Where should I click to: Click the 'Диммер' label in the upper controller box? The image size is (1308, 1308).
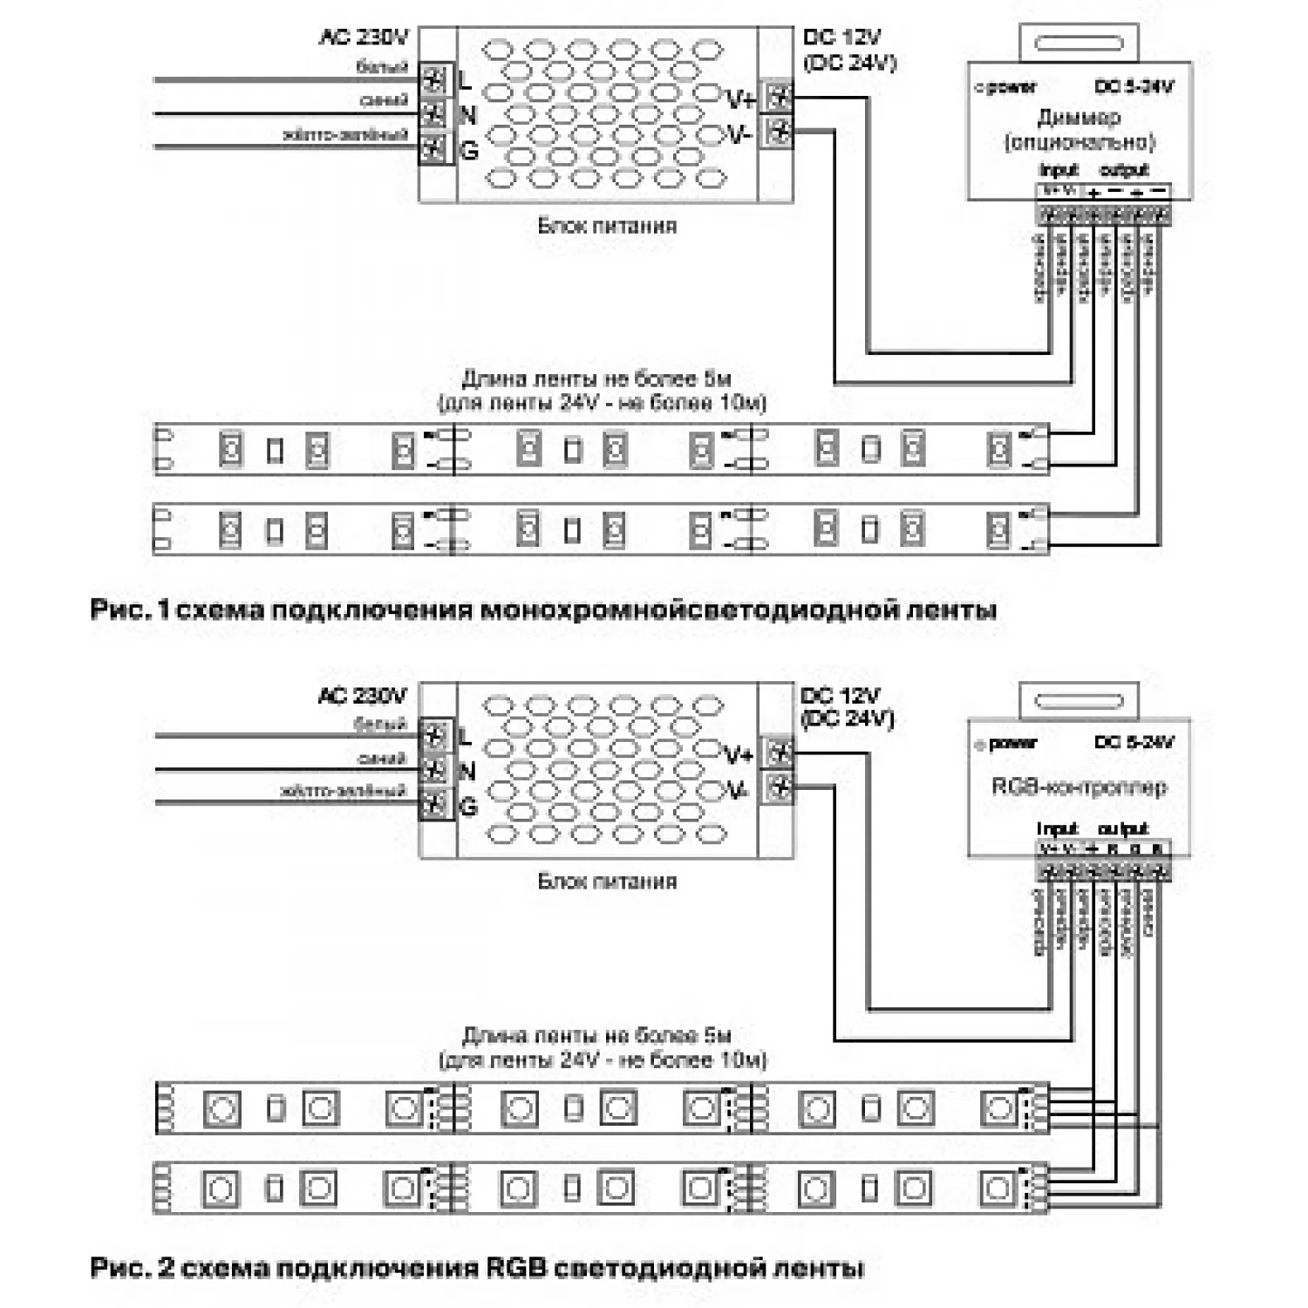(x=1079, y=117)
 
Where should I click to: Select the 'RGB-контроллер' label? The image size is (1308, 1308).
(x=1079, y=787)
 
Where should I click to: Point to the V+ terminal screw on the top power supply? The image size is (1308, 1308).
(x=779, y=97)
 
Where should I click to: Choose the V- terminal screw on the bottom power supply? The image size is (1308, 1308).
(x=779, y=788)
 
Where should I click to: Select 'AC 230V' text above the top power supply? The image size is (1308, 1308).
(x=364, y=37)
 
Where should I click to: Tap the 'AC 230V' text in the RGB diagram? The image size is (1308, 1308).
(x=362, y=696)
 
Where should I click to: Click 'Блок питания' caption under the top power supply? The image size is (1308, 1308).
(x=607, y=226)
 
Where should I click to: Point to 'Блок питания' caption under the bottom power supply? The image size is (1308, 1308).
(x=607, y=882)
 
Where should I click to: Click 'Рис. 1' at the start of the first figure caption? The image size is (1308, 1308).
(x=128, y=609)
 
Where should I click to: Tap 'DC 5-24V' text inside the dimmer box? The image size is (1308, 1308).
(x=1134, y=86)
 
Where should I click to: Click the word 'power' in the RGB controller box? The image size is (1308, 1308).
(x=1013, y=744)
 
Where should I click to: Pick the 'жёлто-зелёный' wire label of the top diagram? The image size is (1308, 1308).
(x=345, y=135)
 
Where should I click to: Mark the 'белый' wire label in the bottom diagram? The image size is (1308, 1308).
(x=380, y=724)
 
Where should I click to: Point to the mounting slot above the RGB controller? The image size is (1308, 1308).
(x=1079, y=701)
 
